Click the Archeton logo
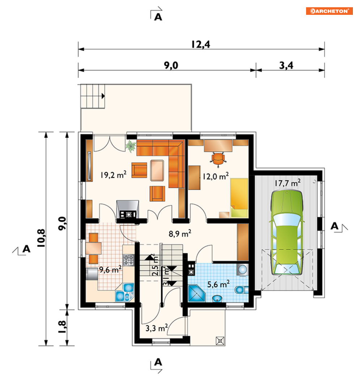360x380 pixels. pos(329,11)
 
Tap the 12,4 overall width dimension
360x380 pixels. pos(201,45)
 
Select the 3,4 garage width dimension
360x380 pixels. pos(286,66)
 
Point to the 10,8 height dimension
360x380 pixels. pos(41,238)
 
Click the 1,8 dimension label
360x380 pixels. pos(62,327)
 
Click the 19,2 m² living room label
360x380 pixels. pos(113,174)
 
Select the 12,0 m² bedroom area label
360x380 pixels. pos(216,176)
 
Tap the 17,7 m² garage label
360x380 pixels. pos(288,183)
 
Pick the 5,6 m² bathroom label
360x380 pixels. pos(218,284)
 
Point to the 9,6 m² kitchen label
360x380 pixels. pos(110,270)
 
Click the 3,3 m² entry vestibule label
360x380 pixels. pos(157,328)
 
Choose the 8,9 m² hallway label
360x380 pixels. pos(180,234)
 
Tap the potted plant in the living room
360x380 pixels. pos(131,146)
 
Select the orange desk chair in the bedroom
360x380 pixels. pos(218,159)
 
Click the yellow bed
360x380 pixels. pos(239,198)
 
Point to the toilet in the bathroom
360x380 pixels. pos(242,290)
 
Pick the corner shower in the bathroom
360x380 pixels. pos(196,293)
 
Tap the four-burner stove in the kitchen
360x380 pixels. pos(128,260)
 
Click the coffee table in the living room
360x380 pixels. pos(157,170)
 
